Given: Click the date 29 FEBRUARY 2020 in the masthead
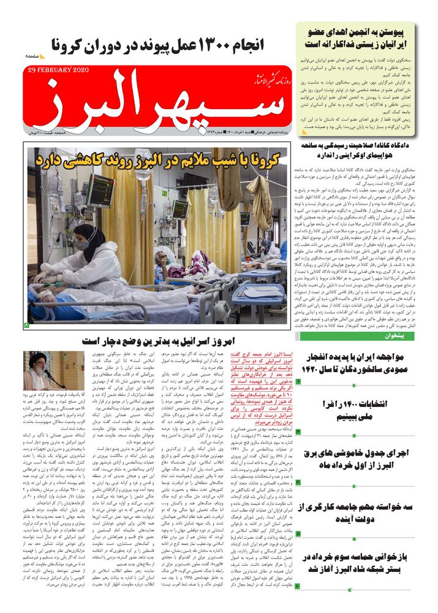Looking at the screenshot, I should (58, 70).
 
